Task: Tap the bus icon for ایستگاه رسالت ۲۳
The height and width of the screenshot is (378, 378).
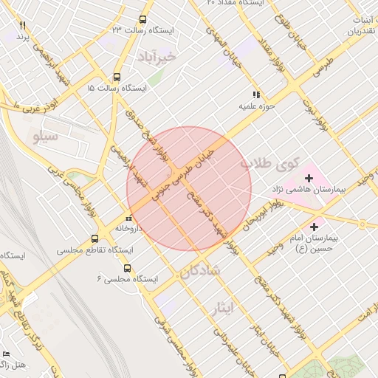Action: pos(142,20)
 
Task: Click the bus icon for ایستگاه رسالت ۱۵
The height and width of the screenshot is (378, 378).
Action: pos(117,77)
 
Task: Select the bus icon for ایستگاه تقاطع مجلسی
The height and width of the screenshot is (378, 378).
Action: pos(94,238)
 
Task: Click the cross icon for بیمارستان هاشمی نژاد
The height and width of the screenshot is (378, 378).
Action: pos(309,178)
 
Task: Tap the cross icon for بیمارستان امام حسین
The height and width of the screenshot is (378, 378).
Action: pos(315,227)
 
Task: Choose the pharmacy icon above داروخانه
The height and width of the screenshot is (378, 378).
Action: pos(129,218)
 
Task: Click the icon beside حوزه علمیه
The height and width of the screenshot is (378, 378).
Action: pos(256,94)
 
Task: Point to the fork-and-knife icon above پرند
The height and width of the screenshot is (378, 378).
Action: pos(22,26)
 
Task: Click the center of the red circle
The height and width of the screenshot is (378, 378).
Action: pos(189,189)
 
